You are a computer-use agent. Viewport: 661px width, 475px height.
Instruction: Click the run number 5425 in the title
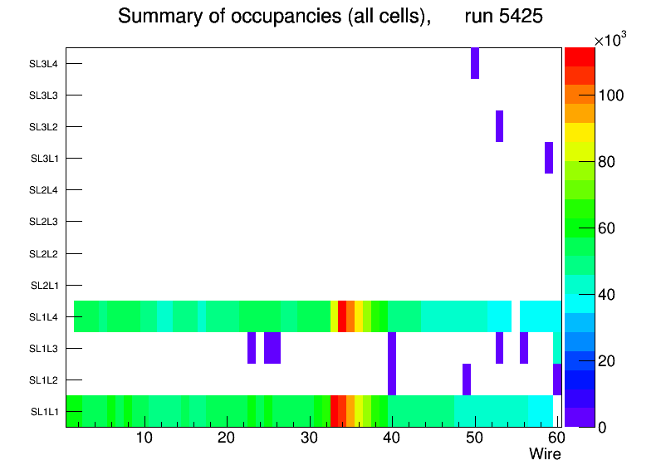504,16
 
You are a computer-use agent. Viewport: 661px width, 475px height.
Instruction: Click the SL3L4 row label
43,64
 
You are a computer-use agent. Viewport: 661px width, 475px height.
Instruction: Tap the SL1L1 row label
44,412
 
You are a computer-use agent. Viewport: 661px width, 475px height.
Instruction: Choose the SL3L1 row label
44,159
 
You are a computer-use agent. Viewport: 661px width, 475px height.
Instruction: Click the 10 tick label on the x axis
144,438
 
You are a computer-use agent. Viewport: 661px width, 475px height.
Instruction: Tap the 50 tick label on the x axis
473,438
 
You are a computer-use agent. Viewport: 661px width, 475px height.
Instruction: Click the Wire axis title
545,454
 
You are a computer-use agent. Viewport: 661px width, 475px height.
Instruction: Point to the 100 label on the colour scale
612,95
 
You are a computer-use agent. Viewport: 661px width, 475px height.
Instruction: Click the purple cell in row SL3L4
475,63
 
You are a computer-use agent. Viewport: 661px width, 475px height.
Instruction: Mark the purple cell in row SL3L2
500,126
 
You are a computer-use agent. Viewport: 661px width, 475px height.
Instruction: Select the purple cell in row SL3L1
549,158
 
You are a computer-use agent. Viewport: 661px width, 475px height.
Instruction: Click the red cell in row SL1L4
342,316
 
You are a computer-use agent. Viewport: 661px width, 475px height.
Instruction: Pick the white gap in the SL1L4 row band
516,316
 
